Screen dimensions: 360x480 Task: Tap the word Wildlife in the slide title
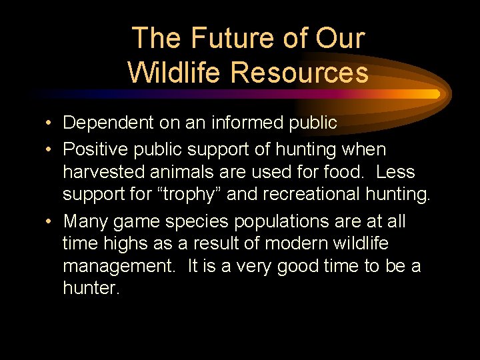176,71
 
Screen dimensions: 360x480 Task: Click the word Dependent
107,123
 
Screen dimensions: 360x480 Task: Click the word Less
395,172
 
